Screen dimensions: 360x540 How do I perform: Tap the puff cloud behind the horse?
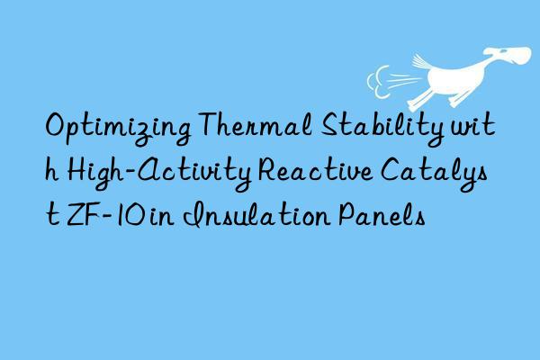pos(384,76)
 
